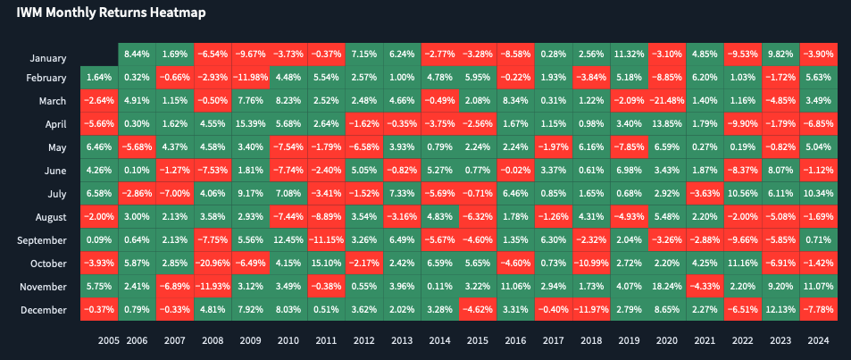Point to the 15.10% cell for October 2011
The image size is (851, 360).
coord(324,263)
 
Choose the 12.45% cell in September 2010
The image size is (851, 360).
coord(287,239)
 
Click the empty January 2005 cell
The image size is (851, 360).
coord(99,54)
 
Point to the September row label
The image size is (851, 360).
coord(42,240)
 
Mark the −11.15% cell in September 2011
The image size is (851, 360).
coord(324,239)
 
